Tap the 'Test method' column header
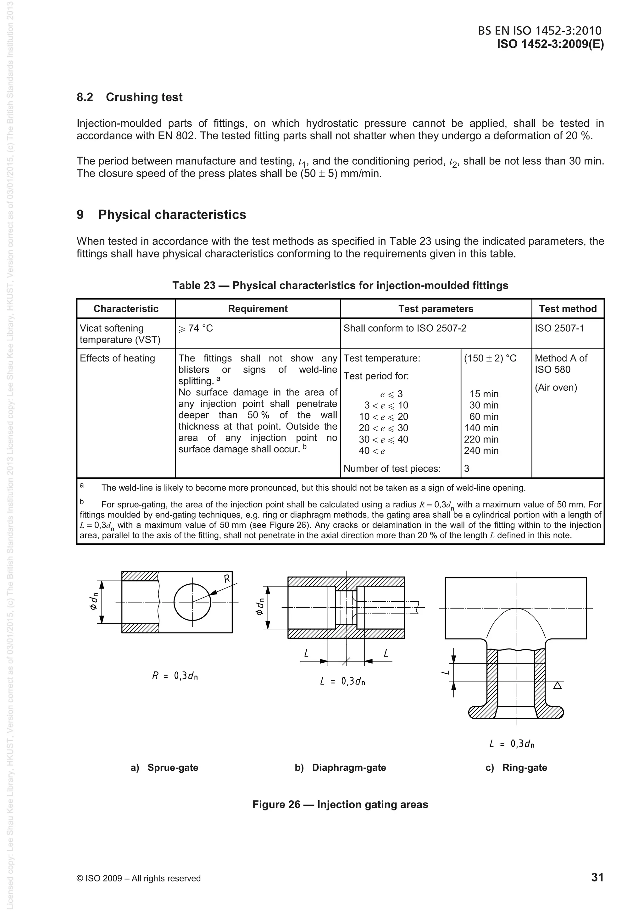coord(567,309)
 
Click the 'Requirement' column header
coord(258,309)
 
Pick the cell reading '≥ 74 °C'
coord(196,329)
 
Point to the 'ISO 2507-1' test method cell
coord(559,329)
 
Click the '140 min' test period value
coord(481,428)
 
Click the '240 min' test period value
coord(481,451)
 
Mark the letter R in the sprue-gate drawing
coord(227,579)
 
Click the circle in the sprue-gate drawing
coord(192,602)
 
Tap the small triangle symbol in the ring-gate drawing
coord(557,685)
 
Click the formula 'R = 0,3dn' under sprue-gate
coord(175,676)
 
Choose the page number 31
coord(597,877)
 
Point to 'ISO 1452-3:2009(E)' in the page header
coord(550,44)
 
